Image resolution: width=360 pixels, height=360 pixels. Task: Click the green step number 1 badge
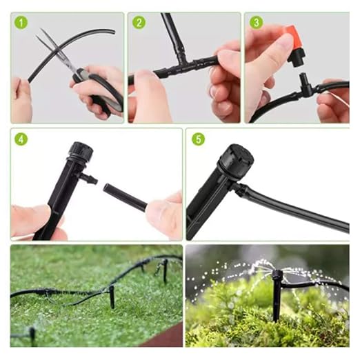tap(21, 23)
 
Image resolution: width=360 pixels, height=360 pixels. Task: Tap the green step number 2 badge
tap(139, 23)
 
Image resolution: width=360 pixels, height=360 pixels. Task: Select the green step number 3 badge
tap(256, 23)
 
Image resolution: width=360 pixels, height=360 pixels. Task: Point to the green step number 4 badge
tap(21, 139)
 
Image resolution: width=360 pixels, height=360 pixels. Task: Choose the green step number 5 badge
tap(198, 139)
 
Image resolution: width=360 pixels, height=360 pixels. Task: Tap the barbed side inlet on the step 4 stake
tap(88, 178)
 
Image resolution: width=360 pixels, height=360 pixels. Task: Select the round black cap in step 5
tap(237, 158)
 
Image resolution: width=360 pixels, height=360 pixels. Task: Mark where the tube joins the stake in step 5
tap(240, 189)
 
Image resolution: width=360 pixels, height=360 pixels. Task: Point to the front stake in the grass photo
tap(112, 297)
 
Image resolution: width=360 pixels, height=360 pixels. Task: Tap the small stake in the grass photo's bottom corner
tap(32, 336)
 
